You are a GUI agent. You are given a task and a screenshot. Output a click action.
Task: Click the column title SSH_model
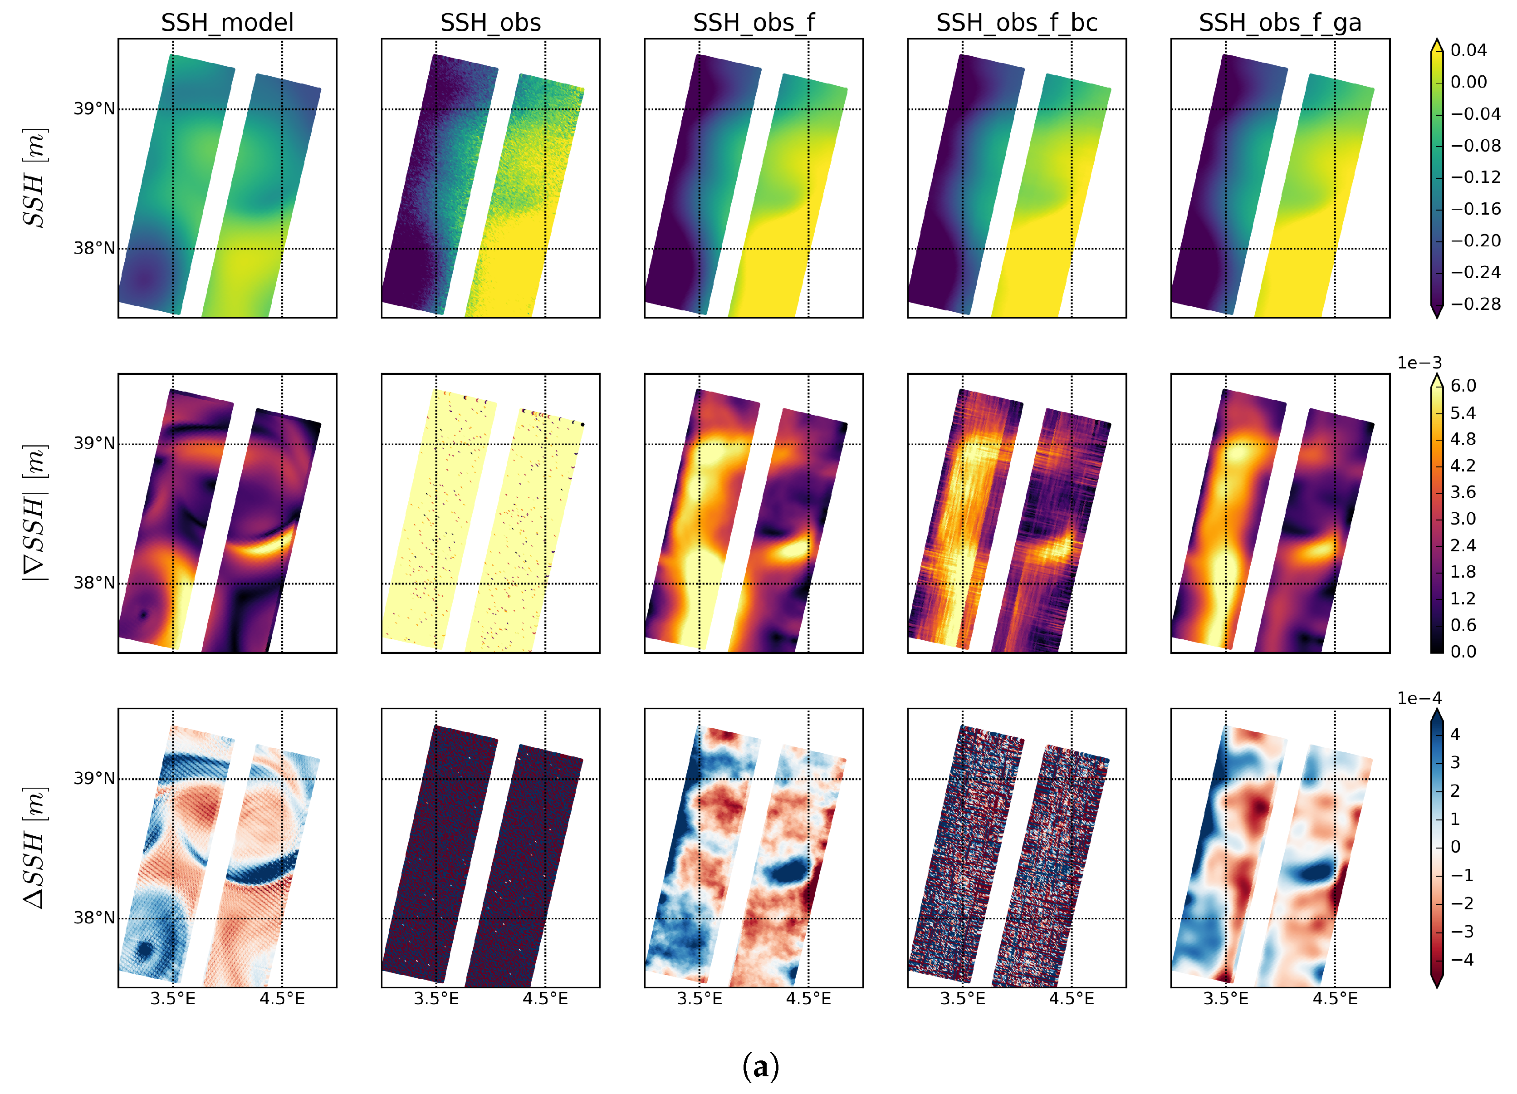[x=227, y=23]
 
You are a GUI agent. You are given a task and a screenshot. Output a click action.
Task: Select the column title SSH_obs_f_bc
[x=1016, y=23]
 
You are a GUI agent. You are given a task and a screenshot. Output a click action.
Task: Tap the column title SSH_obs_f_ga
[x=1280, y=23]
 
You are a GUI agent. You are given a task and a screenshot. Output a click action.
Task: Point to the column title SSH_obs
[x=490, y=23]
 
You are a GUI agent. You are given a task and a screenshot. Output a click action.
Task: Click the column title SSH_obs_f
[x=754, y=23]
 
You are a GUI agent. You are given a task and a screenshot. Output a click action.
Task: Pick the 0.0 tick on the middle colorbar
[x=1463, y=651]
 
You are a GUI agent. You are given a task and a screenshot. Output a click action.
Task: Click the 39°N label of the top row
[x=93, y=108]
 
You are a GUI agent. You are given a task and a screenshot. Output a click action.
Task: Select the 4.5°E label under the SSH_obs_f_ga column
[x=1335, y=999]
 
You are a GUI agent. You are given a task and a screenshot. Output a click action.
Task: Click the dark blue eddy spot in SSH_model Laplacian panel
[x=144, y=949]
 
